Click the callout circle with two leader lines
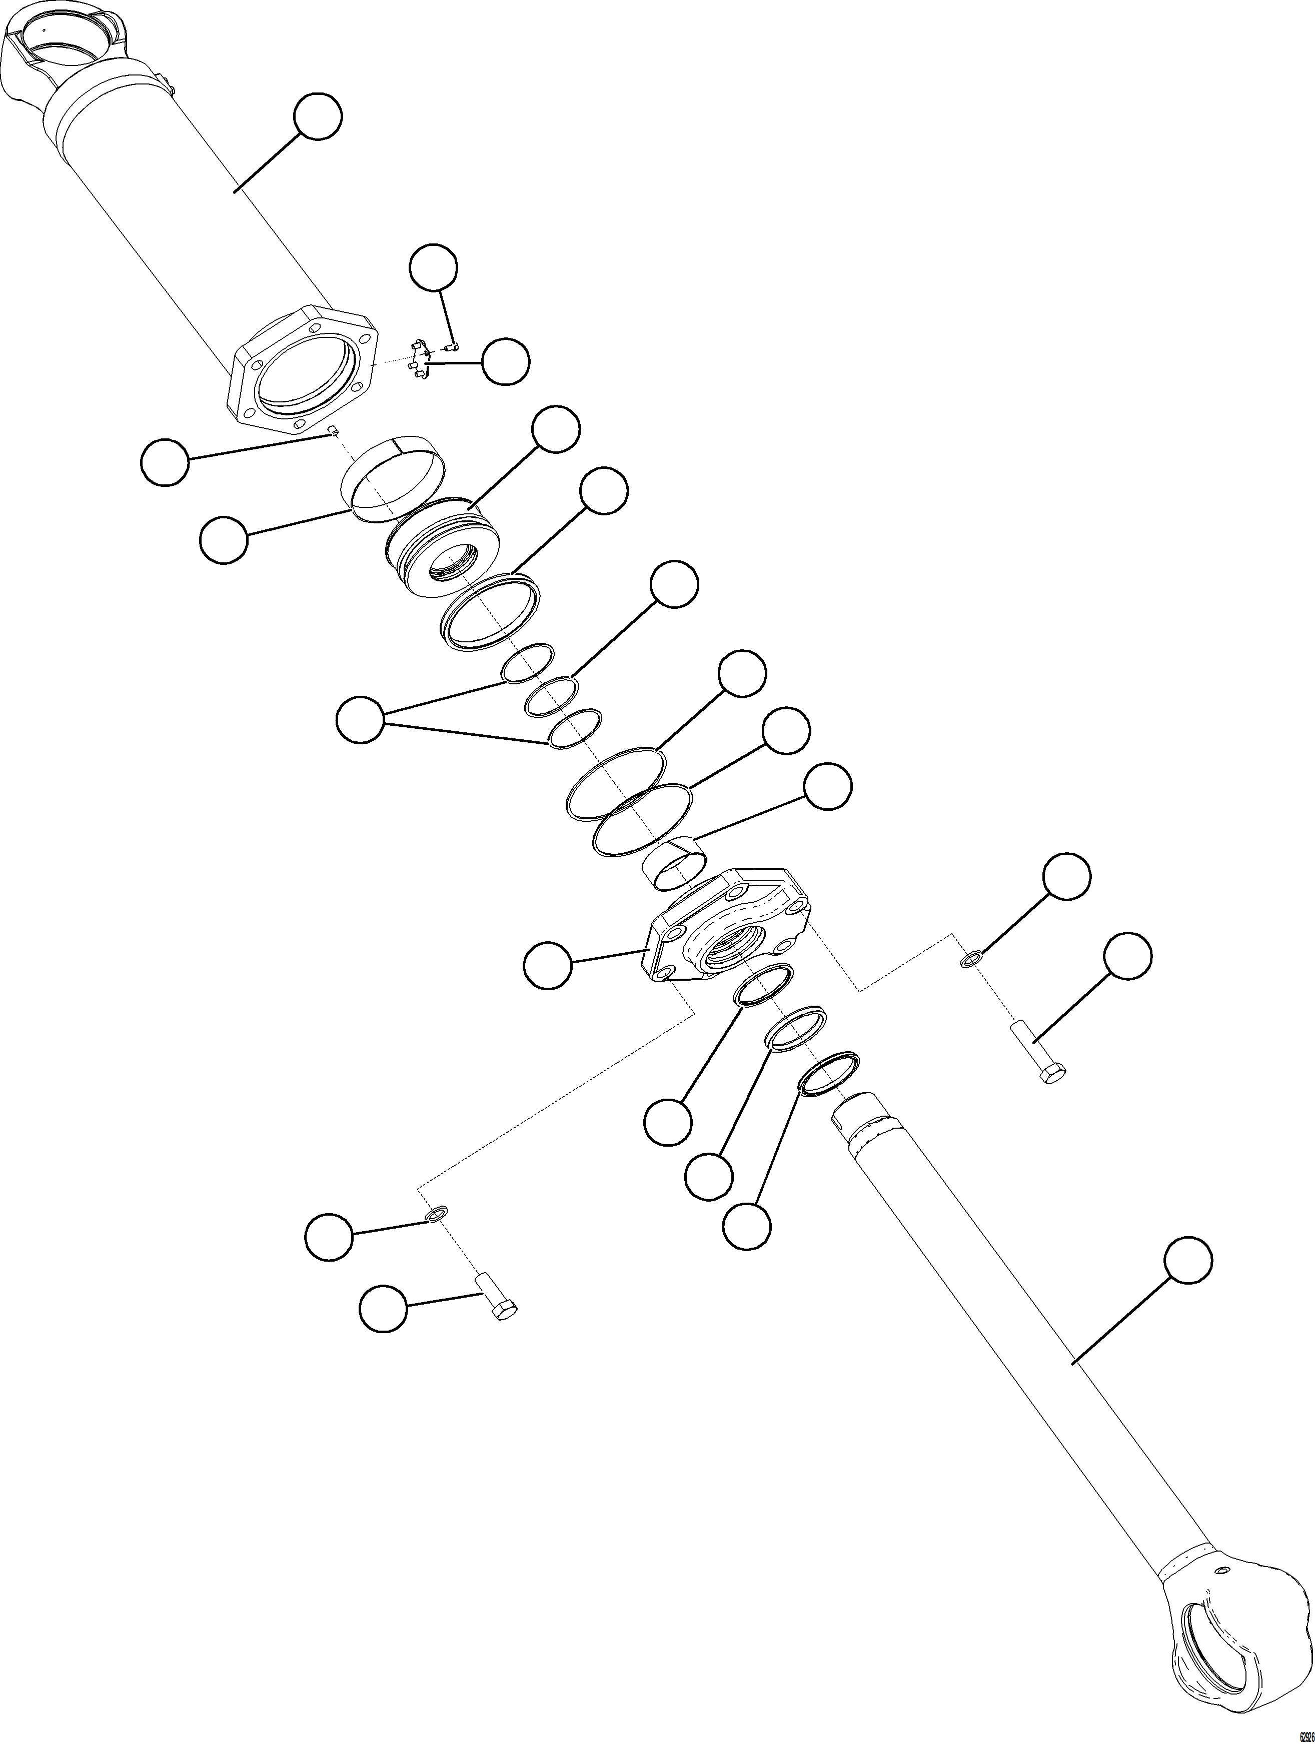pos(360,719)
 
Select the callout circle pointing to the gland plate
pos(548,965)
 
